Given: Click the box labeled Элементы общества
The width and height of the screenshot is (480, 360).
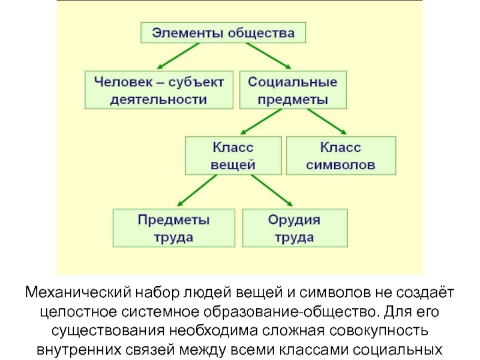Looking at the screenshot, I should click(223, 32).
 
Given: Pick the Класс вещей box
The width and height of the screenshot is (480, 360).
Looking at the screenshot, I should click(233, 155).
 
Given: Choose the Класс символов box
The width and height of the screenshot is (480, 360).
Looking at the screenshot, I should click(341, 155).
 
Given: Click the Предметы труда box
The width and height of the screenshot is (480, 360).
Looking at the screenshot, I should click(174, 228).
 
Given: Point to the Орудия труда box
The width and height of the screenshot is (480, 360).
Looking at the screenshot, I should click(294, 228).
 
